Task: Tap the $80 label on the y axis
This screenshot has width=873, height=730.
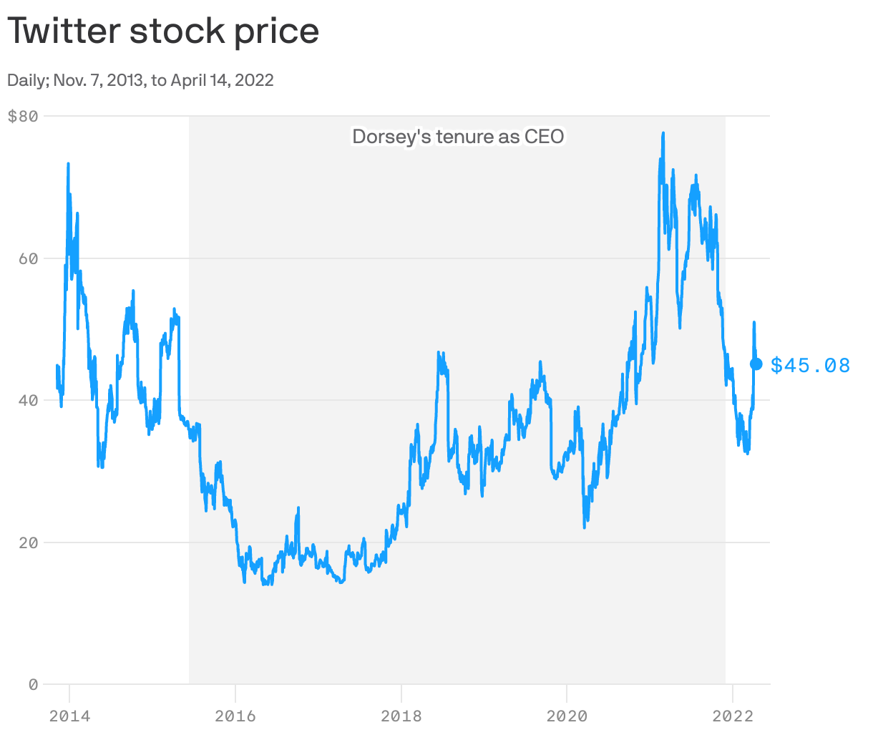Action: (22, 116)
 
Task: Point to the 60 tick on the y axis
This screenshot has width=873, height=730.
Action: (28, 258)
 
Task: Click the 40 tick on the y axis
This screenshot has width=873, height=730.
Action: (28, 400)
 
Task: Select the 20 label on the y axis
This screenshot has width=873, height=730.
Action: (28, 542)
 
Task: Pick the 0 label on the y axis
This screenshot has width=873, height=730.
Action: (33, 685)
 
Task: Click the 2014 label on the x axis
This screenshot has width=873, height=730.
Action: (69, 716)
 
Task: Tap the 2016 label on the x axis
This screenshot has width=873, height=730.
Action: (235, 716)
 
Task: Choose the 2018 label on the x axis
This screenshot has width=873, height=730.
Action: (401, 716)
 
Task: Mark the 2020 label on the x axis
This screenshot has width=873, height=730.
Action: (567, 716)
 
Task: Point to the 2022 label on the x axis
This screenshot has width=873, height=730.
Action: (732, 716)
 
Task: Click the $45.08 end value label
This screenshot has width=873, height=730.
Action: (810, 366)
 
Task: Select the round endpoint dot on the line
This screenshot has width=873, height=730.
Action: (756, 364)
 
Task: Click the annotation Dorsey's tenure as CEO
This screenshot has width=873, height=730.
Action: (458, 137)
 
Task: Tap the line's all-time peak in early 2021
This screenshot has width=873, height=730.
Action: (663, 133)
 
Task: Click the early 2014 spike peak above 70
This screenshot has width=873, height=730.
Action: (68, 164)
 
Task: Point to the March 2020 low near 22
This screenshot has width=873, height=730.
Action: (585, 527)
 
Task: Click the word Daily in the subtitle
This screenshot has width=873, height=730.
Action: (25, 80)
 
